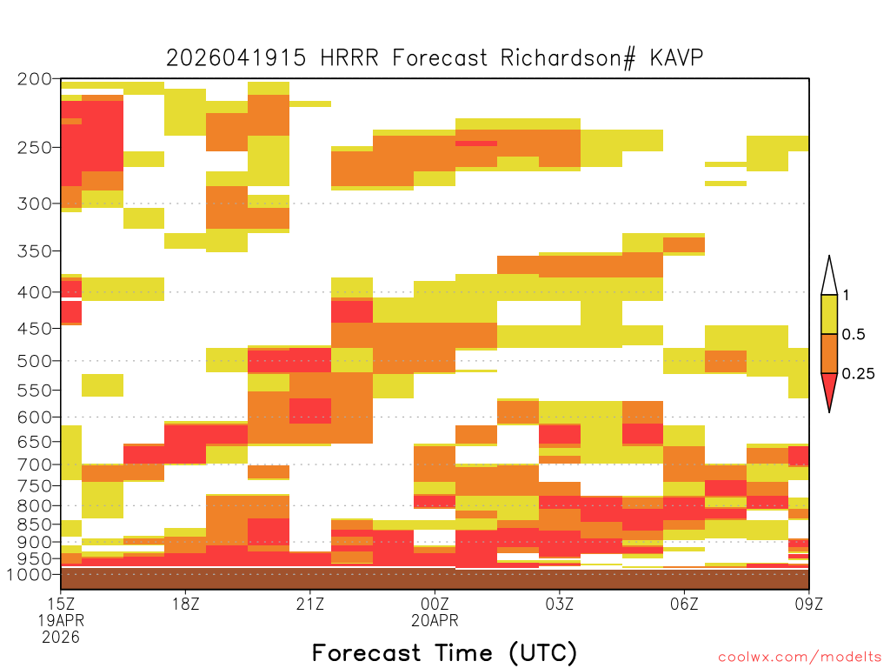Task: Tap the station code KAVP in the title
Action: pyautogui.click(x=676, y=58)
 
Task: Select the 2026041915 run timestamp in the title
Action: pyautogui.click(x=236, y=58)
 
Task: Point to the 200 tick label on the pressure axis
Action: pyautogui.click(x=35, y=79)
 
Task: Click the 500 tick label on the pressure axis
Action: pyautogui.click(x=35, y=361)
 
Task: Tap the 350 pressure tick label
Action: pyautogui.click(x=35, y=250)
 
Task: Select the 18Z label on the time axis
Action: pyautogui.click(x=186, y=604)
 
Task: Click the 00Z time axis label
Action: pyautogui.click(x=435, y=604)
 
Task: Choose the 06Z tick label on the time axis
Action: pyautogui.click(x=684, y=604)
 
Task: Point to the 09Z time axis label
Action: pyautogui.click(x=809, y=604)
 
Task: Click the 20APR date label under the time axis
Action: pyautogui.click(x=435, y=620)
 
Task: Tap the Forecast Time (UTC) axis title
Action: pyautogui.click(x=444, y=652)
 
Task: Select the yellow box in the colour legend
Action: pyautogui.click(x=829, y=314)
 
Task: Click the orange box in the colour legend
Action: pyautogui.click(x=829, y=353)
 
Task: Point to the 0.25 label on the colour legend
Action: pyautogui.click(x=858, y=374)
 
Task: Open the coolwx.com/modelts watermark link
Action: pyautogui.click(x=800, y=658)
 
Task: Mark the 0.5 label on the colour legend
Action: pyautogui.click(x=853, y=334)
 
